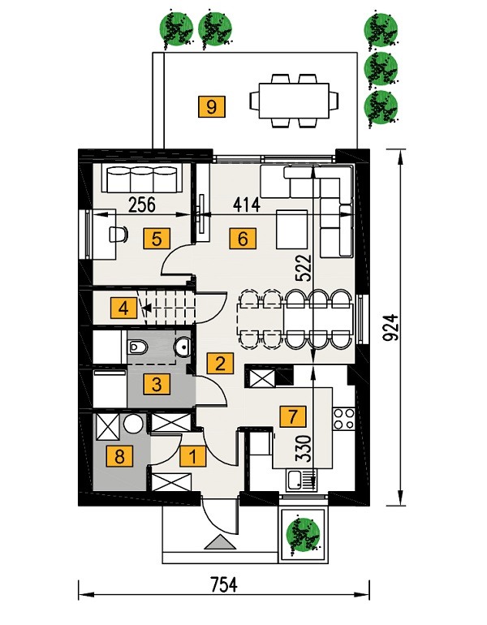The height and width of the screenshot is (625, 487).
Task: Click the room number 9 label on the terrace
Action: [x=211, y=106]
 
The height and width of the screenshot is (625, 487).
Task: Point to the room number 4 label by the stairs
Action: [x=124, y=308]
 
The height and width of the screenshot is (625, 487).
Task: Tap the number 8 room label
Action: [x=121, y=457]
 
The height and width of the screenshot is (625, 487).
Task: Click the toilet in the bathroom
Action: [x=137, y=347]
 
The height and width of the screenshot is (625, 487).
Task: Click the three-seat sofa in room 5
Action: [x=143, y=176]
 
